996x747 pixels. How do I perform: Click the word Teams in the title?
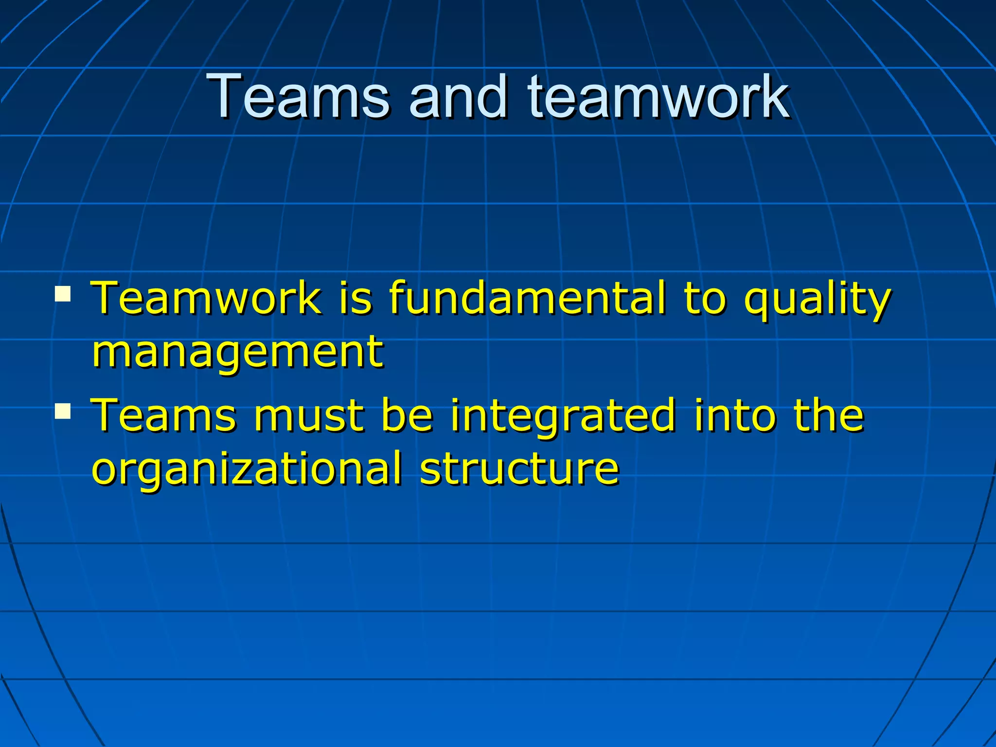click(298, 96)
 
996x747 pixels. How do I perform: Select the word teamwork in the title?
click(658, 96)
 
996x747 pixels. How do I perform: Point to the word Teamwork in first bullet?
click(207, 298)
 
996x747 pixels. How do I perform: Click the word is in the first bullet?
click(356, 298)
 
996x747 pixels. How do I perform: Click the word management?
click(238, 352)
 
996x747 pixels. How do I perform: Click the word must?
click(308, 416)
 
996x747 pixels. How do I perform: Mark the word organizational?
click(247, 470)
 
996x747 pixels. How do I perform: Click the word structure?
click(519, 469)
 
